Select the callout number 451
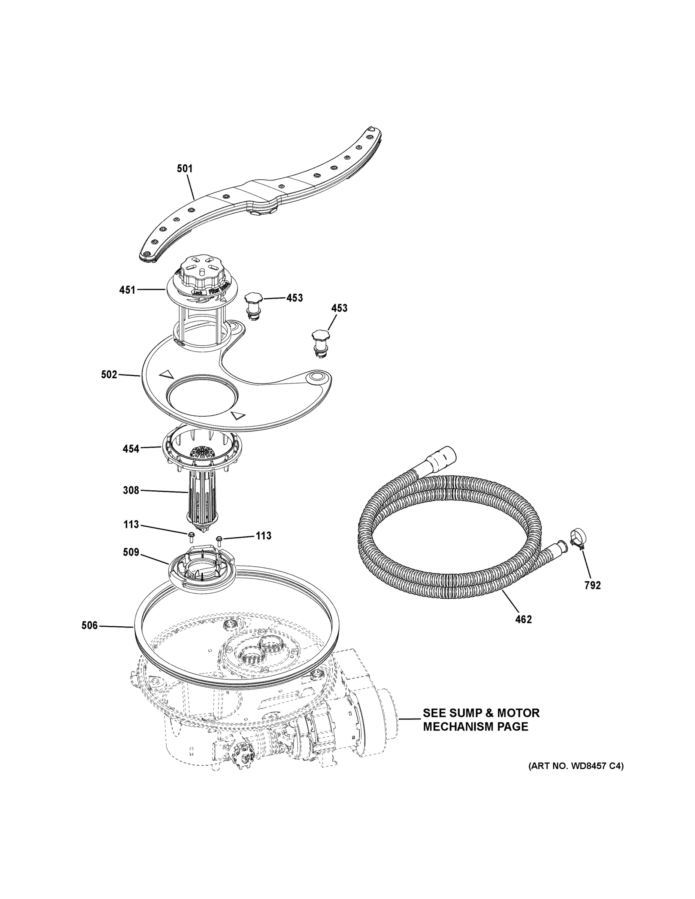coord(127,290)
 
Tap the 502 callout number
coord(109,375)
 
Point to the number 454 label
coord(131,449)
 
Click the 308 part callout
coord(131,490)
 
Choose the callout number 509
coord(131,553)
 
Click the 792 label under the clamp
coord(592,585)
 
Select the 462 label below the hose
coord(523,619)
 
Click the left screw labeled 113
coord(191,535)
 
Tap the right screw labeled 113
coord(219,538)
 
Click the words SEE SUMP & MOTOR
coord(481,713)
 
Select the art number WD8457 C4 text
coord(575,766)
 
